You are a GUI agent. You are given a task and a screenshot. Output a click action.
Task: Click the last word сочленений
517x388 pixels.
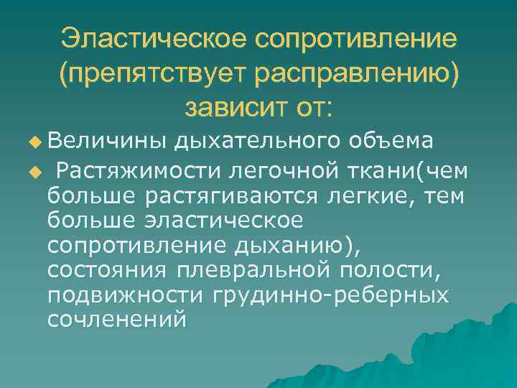pos(116,319)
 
